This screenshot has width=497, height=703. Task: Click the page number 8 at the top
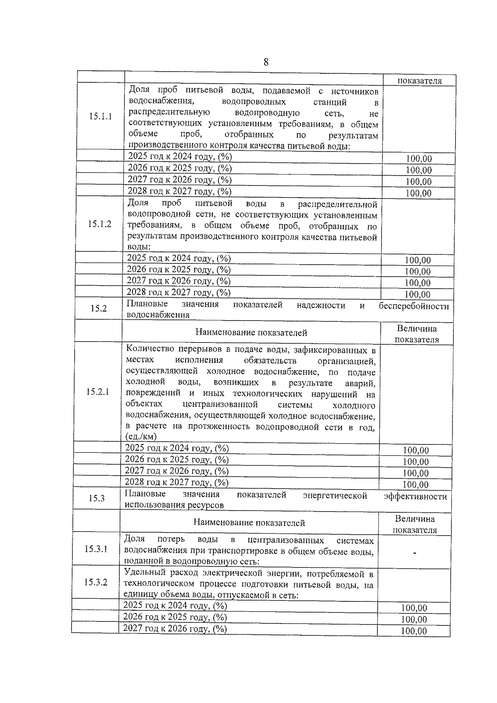click(x=266, y=62)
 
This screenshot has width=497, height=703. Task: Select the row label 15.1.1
click(x=100, y=116)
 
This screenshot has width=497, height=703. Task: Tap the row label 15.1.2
click(x=99, y=224)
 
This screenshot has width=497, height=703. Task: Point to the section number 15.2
click(x=99, y=309)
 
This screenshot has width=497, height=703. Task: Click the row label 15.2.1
click(x=97, y=392)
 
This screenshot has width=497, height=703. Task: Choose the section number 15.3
click(x=97, y=498)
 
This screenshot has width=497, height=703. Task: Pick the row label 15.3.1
click(x=96, y=549)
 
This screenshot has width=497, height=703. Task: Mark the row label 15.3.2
click(x=96, y=582)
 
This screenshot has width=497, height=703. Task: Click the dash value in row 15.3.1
click(x=415, y=553)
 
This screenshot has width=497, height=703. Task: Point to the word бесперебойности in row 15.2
click(x=414, y=307)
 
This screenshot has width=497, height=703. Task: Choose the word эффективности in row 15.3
click(x=415, y=497)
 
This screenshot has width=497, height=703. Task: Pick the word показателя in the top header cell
click(x=420, y=81)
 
